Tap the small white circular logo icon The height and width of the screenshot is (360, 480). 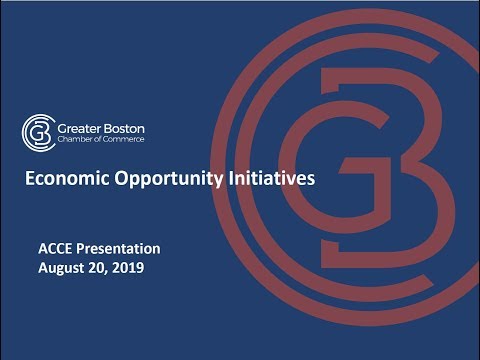point(37,130)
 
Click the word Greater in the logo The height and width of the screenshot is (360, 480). point(78,126)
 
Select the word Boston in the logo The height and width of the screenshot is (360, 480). point(121,126)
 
